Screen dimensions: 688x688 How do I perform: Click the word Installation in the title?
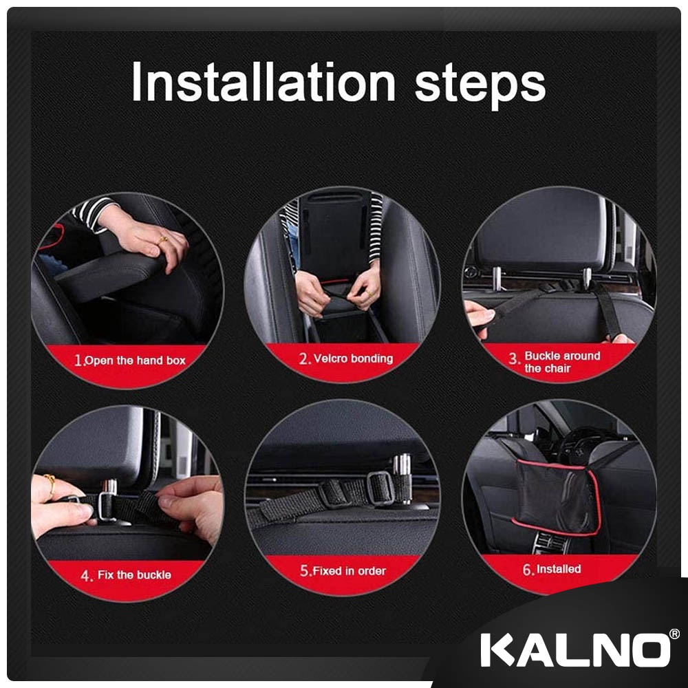[x=264, y=82]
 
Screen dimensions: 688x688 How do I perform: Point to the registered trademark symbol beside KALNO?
[x=674, y=634]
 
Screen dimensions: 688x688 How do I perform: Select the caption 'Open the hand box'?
[x=135, y=361]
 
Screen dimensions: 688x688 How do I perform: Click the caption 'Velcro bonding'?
[x=353, y=358]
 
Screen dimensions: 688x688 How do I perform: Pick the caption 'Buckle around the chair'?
[x=562, y=362]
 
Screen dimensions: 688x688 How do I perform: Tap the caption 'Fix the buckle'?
[x=134, y=574]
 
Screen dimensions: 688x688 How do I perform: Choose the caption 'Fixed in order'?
[x=350, y=571]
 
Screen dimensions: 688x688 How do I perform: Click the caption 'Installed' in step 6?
[x=559, y=569]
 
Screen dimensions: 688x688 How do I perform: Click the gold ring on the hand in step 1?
[x=162, y=239]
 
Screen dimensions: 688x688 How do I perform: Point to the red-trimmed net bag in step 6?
[x=556, y=497]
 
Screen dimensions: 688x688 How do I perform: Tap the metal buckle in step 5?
[x=380, y=488]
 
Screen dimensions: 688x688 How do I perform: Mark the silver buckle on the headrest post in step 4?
[x=106, y=506]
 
